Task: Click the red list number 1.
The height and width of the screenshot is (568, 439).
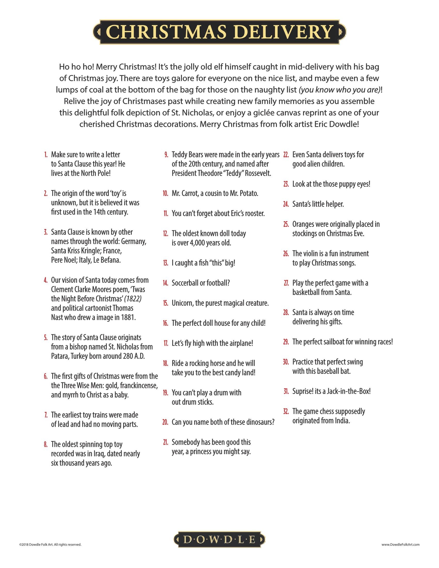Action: (46, 155)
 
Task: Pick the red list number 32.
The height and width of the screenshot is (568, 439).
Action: (286, 412)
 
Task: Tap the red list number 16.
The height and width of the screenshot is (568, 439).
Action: (166, 323)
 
